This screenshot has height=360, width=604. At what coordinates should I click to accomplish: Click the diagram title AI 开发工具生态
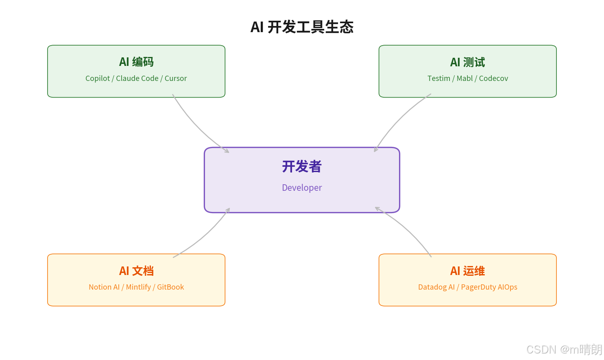point(302,27)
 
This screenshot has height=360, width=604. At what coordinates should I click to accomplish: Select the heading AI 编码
point(136,62)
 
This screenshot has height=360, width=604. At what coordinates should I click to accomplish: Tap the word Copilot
point(98,79)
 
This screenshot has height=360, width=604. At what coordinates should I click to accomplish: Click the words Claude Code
point(137,79)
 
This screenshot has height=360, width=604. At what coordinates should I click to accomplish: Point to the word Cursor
point(176,79)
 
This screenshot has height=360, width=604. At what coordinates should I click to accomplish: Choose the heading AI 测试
point(467,62)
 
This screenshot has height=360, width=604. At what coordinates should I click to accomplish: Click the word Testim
point(438,79)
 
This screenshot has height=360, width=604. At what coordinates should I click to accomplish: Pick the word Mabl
point(464,79)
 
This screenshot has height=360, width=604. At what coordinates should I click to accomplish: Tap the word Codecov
point(493,79)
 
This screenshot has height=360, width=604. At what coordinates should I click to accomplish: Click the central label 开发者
point(302,166)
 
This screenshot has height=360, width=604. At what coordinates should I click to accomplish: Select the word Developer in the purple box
point(302,188)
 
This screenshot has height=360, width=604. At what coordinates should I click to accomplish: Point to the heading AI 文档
point(136,271)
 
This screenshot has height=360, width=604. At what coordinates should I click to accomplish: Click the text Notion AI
point(104,287)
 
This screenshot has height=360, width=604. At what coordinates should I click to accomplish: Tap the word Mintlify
point(138,287)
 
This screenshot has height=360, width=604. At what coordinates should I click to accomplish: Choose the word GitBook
point(170,287)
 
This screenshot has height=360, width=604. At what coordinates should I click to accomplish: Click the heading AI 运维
point(467,271)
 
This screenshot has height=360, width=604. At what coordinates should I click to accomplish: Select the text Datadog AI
point(436,287)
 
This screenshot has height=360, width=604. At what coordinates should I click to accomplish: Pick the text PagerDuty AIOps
point(489,287)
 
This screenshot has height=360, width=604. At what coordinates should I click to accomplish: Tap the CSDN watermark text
point(564,349)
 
